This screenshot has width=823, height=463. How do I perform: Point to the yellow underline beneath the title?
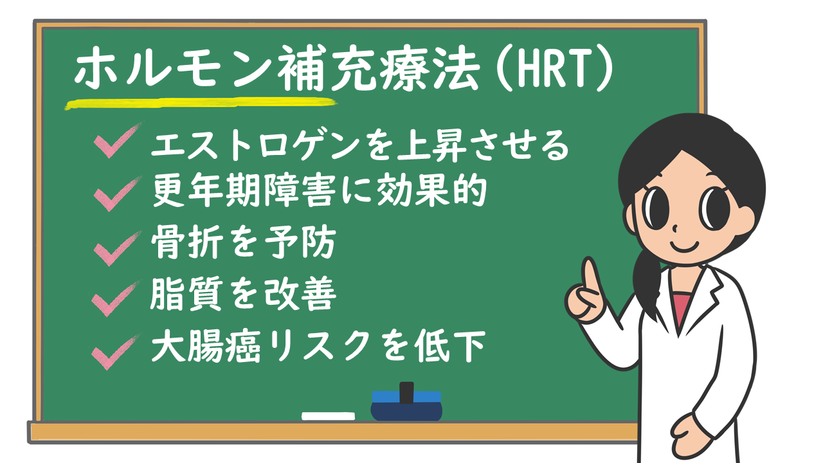(x=199, y=102)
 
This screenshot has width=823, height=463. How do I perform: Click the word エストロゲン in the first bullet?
(x=253, y=145)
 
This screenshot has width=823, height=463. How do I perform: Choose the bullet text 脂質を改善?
(x=243, y=296)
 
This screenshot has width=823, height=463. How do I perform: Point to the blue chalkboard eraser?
(x=406, y=404)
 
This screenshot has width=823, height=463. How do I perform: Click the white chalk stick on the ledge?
(x=328, y=416)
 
